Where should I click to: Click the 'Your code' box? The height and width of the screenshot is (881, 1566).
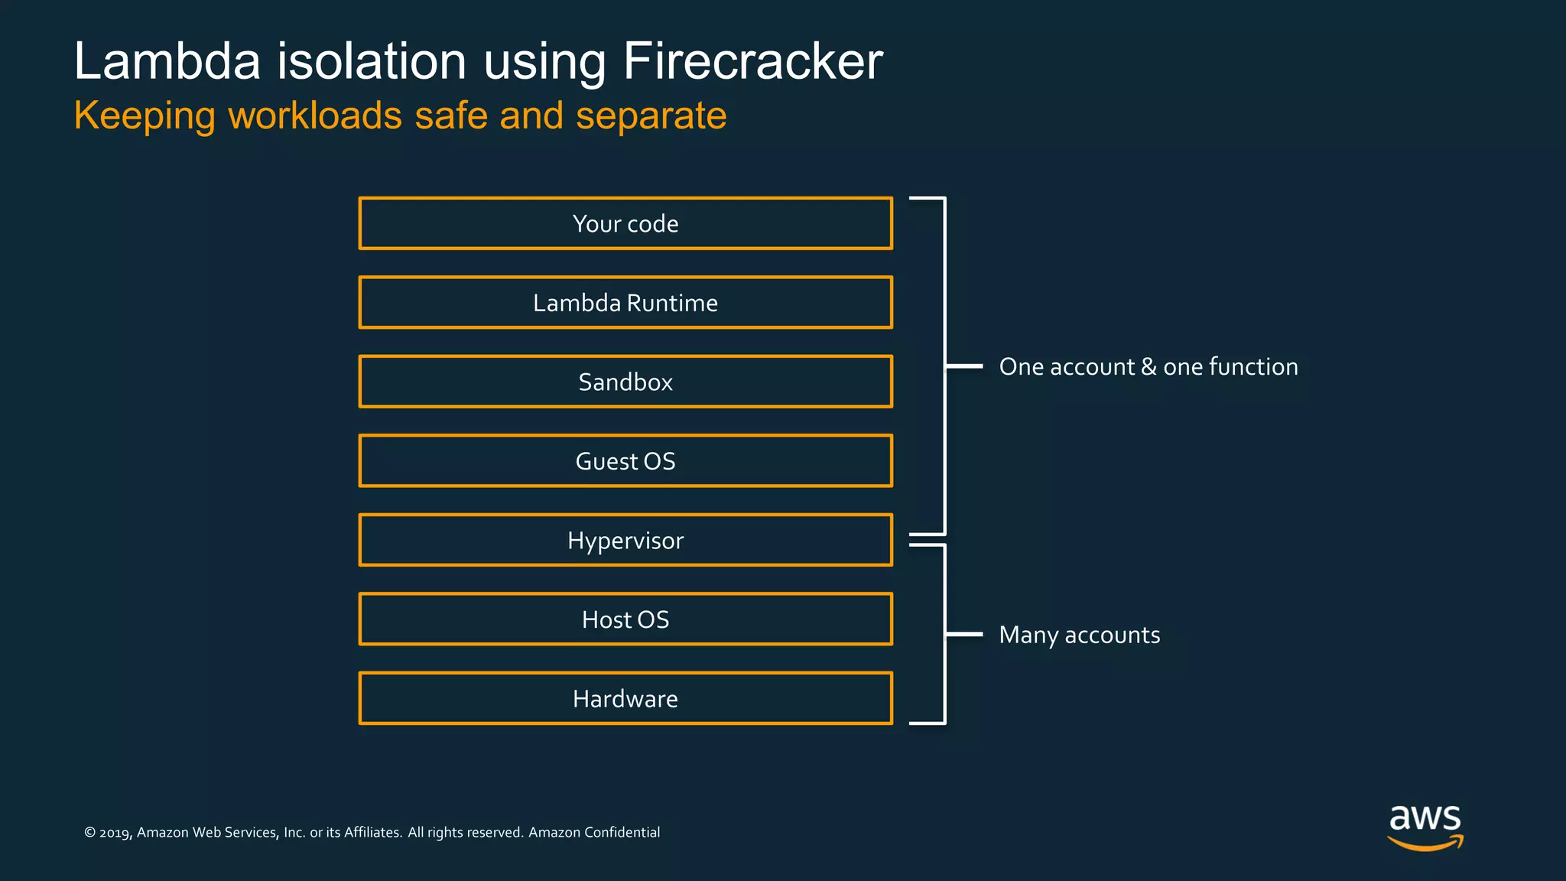click(x=625, y=223)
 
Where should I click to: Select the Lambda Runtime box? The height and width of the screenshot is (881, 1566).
click(x=625, y=303)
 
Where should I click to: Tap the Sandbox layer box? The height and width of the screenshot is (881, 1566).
click(x=625, y=382)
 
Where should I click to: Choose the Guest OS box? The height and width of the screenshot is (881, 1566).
click(x=625, y=461)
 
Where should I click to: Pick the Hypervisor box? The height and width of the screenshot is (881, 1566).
click(x=625, y=541)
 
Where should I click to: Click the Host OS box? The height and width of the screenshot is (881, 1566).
click(x=625, y=619)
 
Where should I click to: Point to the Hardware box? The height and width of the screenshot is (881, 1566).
click(x=625, y=698)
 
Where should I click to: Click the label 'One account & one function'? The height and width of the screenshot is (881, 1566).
click(x=1148, y=367)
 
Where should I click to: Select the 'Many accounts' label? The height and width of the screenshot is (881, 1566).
click(x=1079, y=635)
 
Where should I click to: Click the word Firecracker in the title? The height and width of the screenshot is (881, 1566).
click(x=752, y=61)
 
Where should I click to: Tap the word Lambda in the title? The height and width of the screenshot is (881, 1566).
click(x=167, y=61)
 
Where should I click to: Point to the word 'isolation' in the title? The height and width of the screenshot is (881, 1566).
click(x=371, y=61)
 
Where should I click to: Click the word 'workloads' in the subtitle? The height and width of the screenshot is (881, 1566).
click(x=315, y=116)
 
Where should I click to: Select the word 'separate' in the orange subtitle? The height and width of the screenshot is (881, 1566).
click(x=651, y=116)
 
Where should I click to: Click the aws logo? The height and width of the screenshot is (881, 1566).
click(x=1425, y=826)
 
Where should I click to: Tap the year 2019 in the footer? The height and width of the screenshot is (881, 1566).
click(x=115, y=833)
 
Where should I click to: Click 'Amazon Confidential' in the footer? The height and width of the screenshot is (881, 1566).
click(x=594, y=832)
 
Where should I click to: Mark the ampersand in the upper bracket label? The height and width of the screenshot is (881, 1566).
click(x=1148, y=367)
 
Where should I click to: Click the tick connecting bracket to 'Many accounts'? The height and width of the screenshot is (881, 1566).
click(x=964, y=634)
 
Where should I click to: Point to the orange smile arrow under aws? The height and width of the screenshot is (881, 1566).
click(x=1425, y=844)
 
